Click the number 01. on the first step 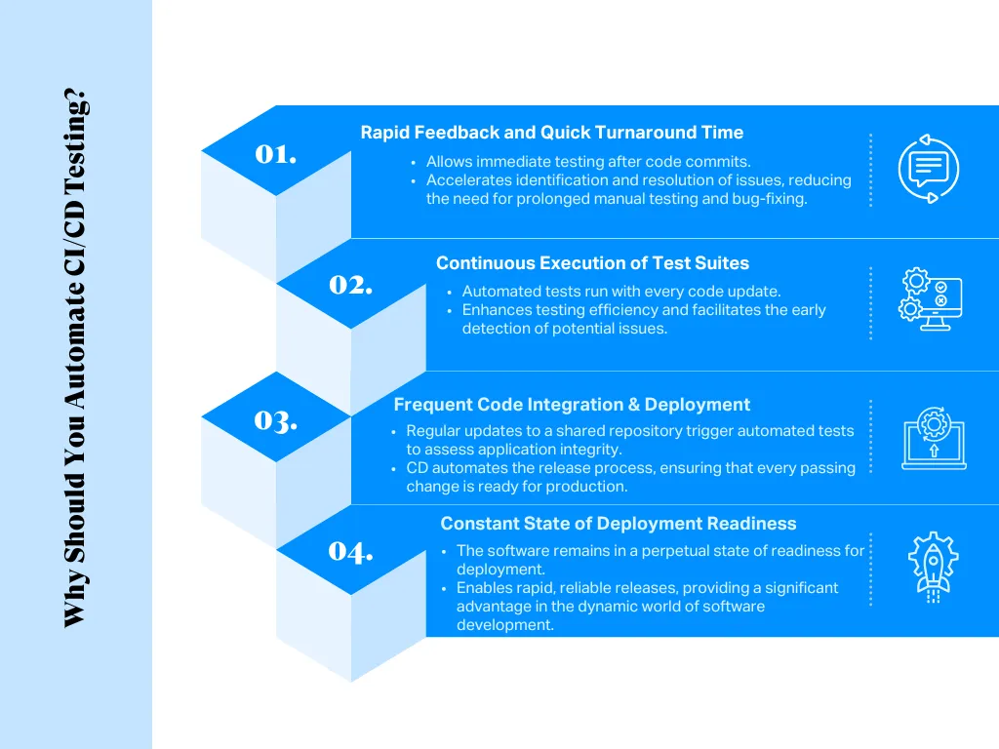(x=276, y=154)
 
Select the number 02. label (x=351, y=285)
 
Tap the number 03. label (x=276, y=420)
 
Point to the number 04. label (x=351, y=551)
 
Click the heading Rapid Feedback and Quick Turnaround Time (x=551, y=133)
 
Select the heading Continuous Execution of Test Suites (x=592, y=263)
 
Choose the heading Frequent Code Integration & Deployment (x=572, y=405)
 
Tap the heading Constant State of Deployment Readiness (x=618, y=524)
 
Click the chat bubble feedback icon (x=928, y=169)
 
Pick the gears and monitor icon (x=930, y=300)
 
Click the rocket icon (x=933, y=567)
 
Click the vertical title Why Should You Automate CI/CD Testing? (x=76, y=359)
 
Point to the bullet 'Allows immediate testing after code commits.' (x=588, y=162)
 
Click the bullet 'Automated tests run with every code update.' (x=620, y=292)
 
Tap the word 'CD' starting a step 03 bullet (x=418, y=468)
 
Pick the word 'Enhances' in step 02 (x=494, y=310)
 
